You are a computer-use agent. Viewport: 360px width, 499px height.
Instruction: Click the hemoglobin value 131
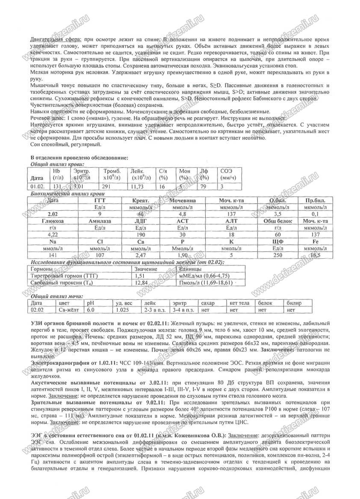56,186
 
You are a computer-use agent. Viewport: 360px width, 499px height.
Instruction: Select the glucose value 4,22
53,234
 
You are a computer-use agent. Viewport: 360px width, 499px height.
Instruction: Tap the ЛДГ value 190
140,234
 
